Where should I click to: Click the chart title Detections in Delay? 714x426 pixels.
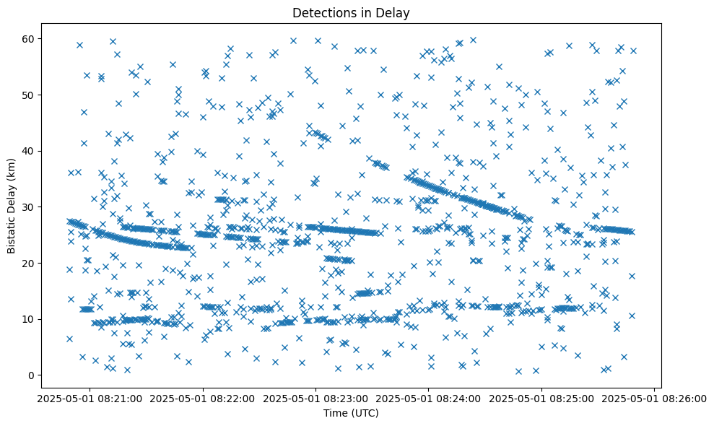pyautogui.click(x=350, y=12)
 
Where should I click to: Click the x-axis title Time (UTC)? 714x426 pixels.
pyautogui.click(x=350, y=414)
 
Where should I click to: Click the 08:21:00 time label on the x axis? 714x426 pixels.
pyautogui.click(x=91, y=398)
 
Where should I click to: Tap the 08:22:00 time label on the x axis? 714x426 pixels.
pyautogui.click(x=204, y=398)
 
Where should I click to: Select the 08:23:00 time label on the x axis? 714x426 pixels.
pyautogui.click(x=316, y=398)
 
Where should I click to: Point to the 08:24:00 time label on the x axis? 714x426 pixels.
pyautogui.click(x=429, y=398)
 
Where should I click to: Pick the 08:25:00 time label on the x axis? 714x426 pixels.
pyautogui.click(x=541, y=398)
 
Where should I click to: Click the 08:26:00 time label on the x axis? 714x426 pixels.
pyautogui.click(x=654, y=398)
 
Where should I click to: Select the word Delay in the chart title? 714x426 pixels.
pyautogui.click(x=394, y=12)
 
